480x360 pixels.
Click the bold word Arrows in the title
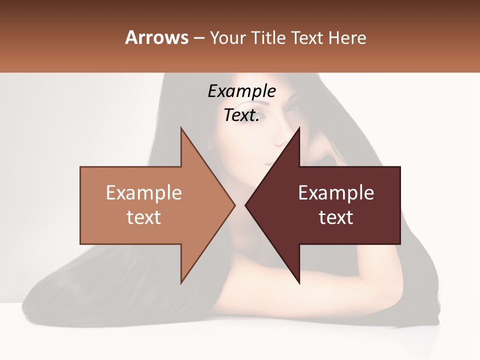coord(157,38)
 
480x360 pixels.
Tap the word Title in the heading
coord(269,38)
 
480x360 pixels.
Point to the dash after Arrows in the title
coord(198,38)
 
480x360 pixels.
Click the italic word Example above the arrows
coord(242,91)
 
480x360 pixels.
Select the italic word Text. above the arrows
coord(241,115)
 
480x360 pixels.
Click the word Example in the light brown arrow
coord(144,193)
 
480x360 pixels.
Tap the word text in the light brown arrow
coord(144,217)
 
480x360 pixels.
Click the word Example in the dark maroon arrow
coord(336,193)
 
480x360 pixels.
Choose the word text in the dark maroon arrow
coord(336,217)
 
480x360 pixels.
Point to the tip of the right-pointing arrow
coord(234,205)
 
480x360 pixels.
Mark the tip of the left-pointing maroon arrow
coord(245,205)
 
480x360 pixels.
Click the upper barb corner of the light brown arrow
coord(181,128)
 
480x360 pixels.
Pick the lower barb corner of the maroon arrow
coord(299,283)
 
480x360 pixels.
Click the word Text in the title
coord(307,38)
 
